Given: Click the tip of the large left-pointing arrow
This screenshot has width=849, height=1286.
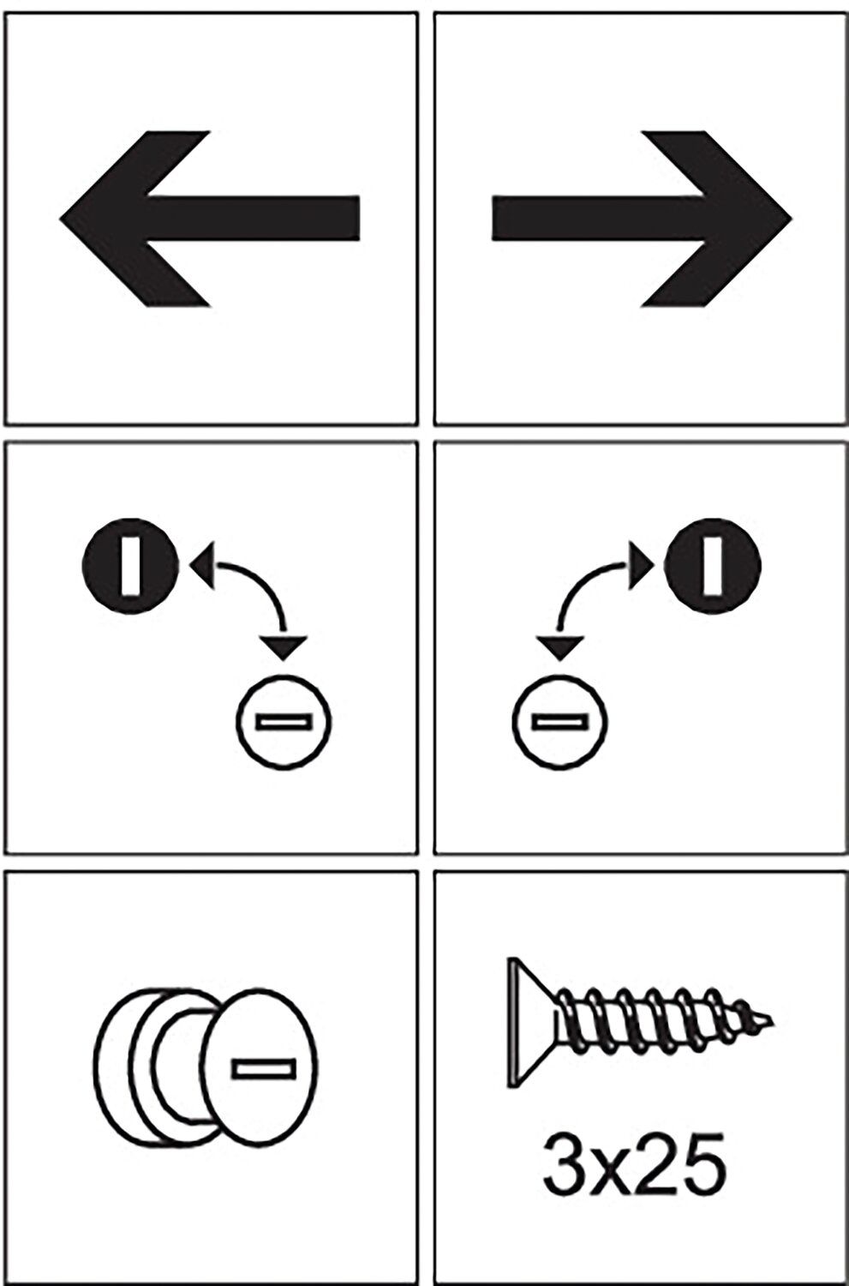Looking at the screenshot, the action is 60,218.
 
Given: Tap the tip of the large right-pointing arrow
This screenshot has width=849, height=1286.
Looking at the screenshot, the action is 792,219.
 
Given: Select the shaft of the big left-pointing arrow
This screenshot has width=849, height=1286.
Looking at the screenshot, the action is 254,218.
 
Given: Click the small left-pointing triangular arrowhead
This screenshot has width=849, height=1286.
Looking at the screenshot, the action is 202,565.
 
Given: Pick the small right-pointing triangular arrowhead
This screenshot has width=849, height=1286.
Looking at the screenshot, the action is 642,565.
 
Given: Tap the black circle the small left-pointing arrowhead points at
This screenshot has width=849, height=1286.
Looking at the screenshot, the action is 130,566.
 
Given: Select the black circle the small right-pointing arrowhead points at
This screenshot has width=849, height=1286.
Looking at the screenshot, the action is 713,566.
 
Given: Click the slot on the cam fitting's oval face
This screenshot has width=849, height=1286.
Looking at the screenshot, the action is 264,1068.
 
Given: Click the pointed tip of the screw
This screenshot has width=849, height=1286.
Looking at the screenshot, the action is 772,1022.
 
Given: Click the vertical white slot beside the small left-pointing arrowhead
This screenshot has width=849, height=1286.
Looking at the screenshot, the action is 130,566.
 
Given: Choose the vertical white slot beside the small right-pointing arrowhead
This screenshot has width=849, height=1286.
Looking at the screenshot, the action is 713,566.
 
